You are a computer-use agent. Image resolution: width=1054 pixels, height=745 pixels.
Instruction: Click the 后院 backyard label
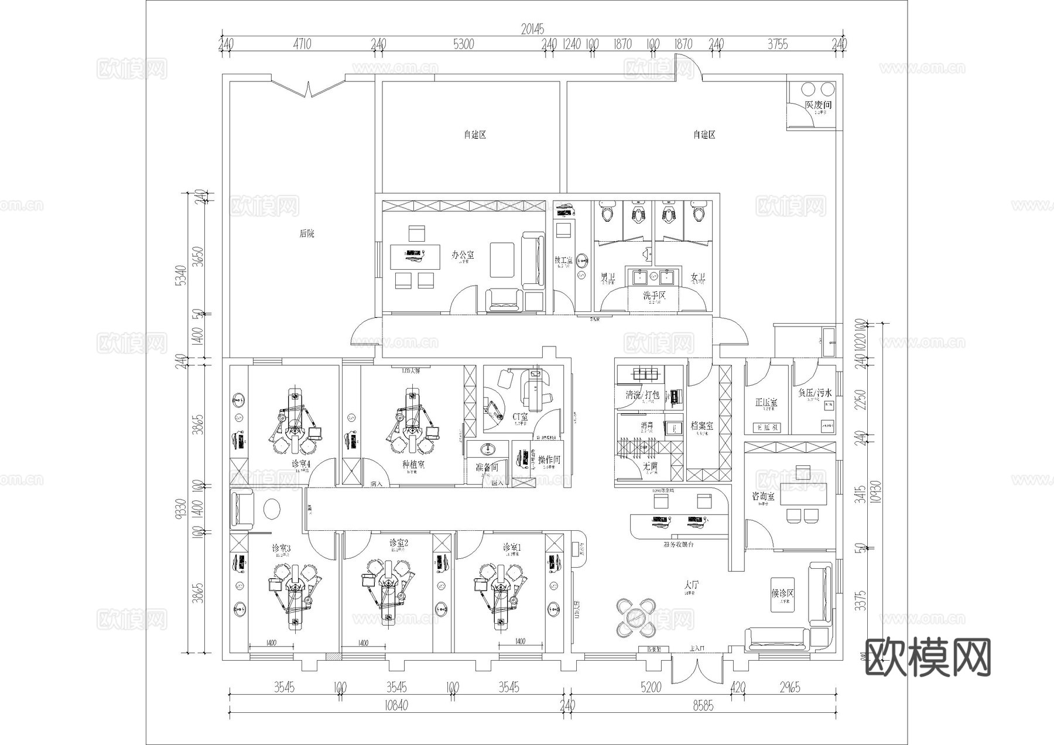point(306,234)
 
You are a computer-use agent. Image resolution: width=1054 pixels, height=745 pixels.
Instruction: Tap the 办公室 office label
point(463,255)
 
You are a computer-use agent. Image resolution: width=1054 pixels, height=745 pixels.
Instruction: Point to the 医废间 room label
point(818,105)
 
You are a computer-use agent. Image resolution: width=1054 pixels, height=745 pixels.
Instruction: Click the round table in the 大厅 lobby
point(635,617)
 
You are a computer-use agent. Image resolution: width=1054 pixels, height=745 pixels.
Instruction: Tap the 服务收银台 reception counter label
point(679,544)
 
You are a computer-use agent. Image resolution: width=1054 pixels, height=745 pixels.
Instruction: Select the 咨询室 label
point(763,496)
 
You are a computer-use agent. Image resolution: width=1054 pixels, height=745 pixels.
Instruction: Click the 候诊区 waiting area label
point(783,593)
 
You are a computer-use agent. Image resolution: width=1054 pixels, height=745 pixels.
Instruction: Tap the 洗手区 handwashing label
point(654,296)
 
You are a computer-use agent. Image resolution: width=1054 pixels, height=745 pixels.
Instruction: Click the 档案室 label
point(701,426)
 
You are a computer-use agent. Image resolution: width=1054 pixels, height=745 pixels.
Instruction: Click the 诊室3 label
point(281,548)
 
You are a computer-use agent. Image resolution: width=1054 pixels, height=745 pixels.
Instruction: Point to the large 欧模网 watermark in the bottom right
point(928,657)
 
